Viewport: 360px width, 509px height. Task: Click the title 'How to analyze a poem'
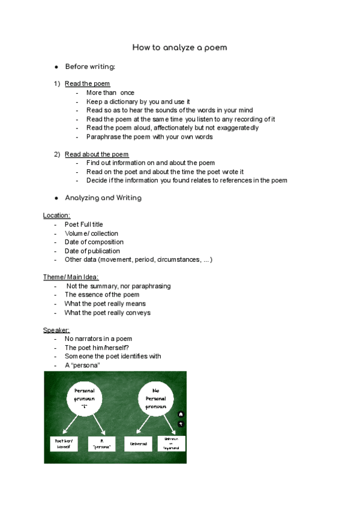179,47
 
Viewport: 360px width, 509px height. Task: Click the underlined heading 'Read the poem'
87,83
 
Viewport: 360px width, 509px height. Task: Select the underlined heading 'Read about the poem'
97,154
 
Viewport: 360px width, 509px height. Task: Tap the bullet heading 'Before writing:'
90,66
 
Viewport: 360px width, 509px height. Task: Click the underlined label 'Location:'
56,215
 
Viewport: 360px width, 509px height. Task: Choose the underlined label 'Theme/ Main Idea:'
71,277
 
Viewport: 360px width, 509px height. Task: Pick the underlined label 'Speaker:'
56,330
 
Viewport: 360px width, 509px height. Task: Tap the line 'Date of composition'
94,242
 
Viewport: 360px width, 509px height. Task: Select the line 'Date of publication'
92,251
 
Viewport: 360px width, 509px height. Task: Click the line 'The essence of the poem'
101,295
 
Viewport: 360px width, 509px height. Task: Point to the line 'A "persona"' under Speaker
82,365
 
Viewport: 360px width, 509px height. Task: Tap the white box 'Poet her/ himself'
63,444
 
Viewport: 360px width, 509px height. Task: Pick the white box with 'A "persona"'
101,444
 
